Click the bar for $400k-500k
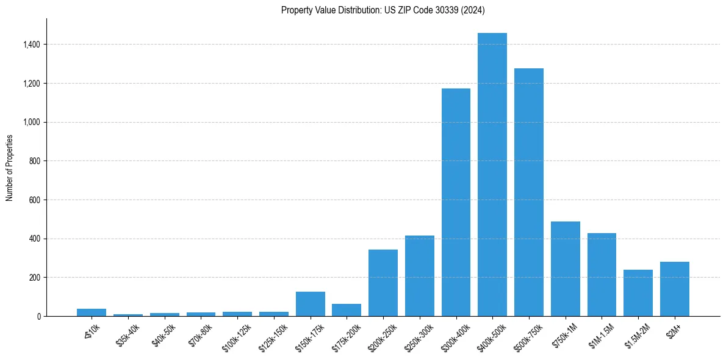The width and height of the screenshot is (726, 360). [x=492, y=175]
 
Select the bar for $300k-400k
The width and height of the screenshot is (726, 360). [x=456, y=202]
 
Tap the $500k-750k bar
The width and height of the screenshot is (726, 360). [x=528, y=192]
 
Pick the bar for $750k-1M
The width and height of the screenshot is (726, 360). [x=565, y=268]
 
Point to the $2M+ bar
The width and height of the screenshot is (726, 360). [x=674, y=289]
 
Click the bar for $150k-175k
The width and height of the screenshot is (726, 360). [x=310, y=304]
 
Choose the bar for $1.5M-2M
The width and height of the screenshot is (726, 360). [x=638, y=293]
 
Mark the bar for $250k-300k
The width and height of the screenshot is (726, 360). [x=419, y=276]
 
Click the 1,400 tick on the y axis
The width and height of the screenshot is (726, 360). [x=32, y=45]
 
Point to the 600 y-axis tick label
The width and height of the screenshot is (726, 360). [x=35, y=200]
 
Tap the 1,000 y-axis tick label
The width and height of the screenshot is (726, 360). [x=32, y=122]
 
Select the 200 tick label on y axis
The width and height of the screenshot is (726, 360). [x=35, y=277]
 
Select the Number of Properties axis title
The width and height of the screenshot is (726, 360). [x=9, y=167]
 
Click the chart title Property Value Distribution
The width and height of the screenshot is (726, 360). [x=383, y=10]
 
